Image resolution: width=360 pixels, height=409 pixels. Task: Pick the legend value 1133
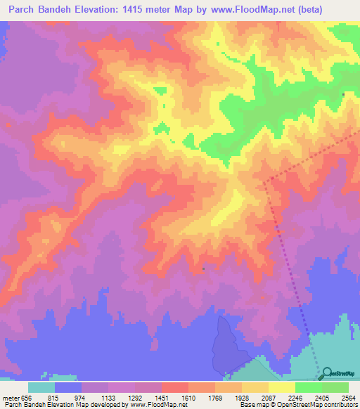[x=108, y=397]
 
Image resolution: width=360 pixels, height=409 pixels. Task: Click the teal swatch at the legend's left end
[x=41, y=387]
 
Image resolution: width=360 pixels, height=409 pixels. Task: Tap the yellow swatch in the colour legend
[x=282, y=387]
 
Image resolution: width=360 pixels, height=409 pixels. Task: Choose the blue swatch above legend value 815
[x=68, y=387]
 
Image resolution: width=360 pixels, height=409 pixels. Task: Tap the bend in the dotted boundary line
[x=265, y=181]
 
